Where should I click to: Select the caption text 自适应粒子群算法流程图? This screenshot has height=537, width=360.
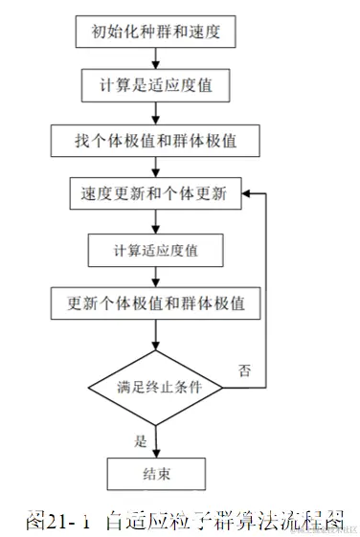224,521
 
